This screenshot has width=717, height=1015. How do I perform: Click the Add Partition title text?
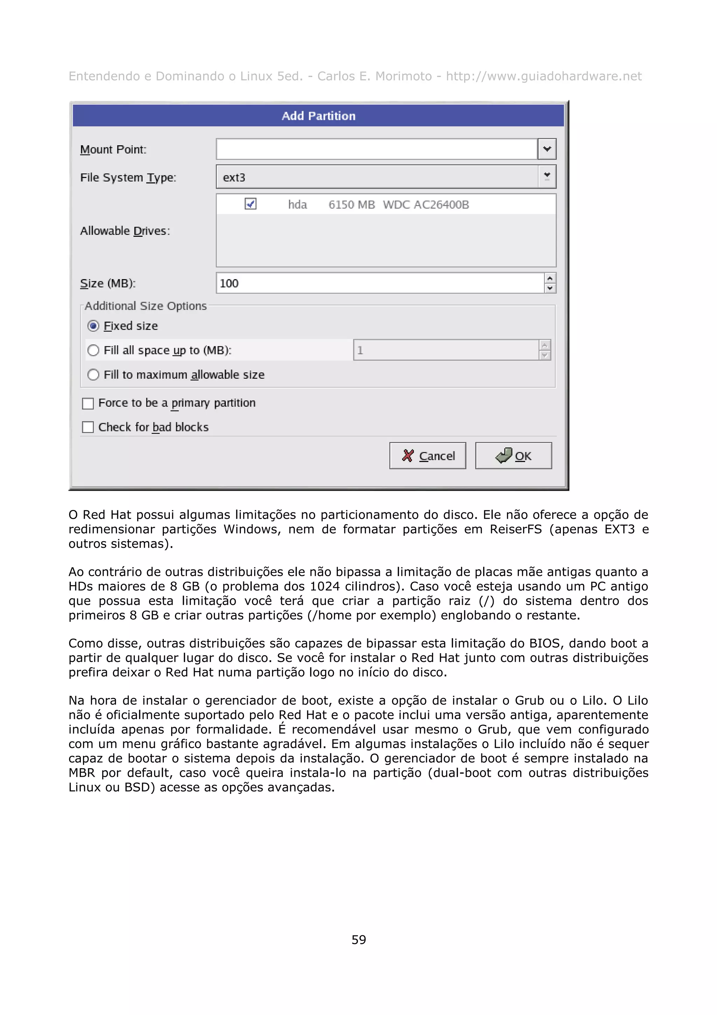(x=318, y=116)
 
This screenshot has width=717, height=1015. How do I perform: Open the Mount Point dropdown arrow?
(x=547, y=149)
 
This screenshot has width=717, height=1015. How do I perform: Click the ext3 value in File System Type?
(x=234, y=177)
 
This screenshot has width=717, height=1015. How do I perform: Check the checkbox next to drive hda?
(x=250, y=204)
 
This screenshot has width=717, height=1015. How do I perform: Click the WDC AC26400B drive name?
(x=425, y=205)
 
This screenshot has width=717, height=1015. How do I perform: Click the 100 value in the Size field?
(x=229, y=283)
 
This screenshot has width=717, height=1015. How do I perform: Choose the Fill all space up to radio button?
(x=93, y=351)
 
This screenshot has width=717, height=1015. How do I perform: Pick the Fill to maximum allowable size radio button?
(x=93, y=375)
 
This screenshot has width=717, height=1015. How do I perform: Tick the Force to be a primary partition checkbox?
(x=88, y=403)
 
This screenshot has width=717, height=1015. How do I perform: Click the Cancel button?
(x=427, y=456)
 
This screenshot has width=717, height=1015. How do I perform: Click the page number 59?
(x=358, y=939)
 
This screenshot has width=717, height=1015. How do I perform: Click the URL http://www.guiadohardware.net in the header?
(x=543, y=76)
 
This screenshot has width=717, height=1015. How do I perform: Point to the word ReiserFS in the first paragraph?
(x=515, y=529)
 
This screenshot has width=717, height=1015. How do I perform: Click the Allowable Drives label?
(x=125, y=231)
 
